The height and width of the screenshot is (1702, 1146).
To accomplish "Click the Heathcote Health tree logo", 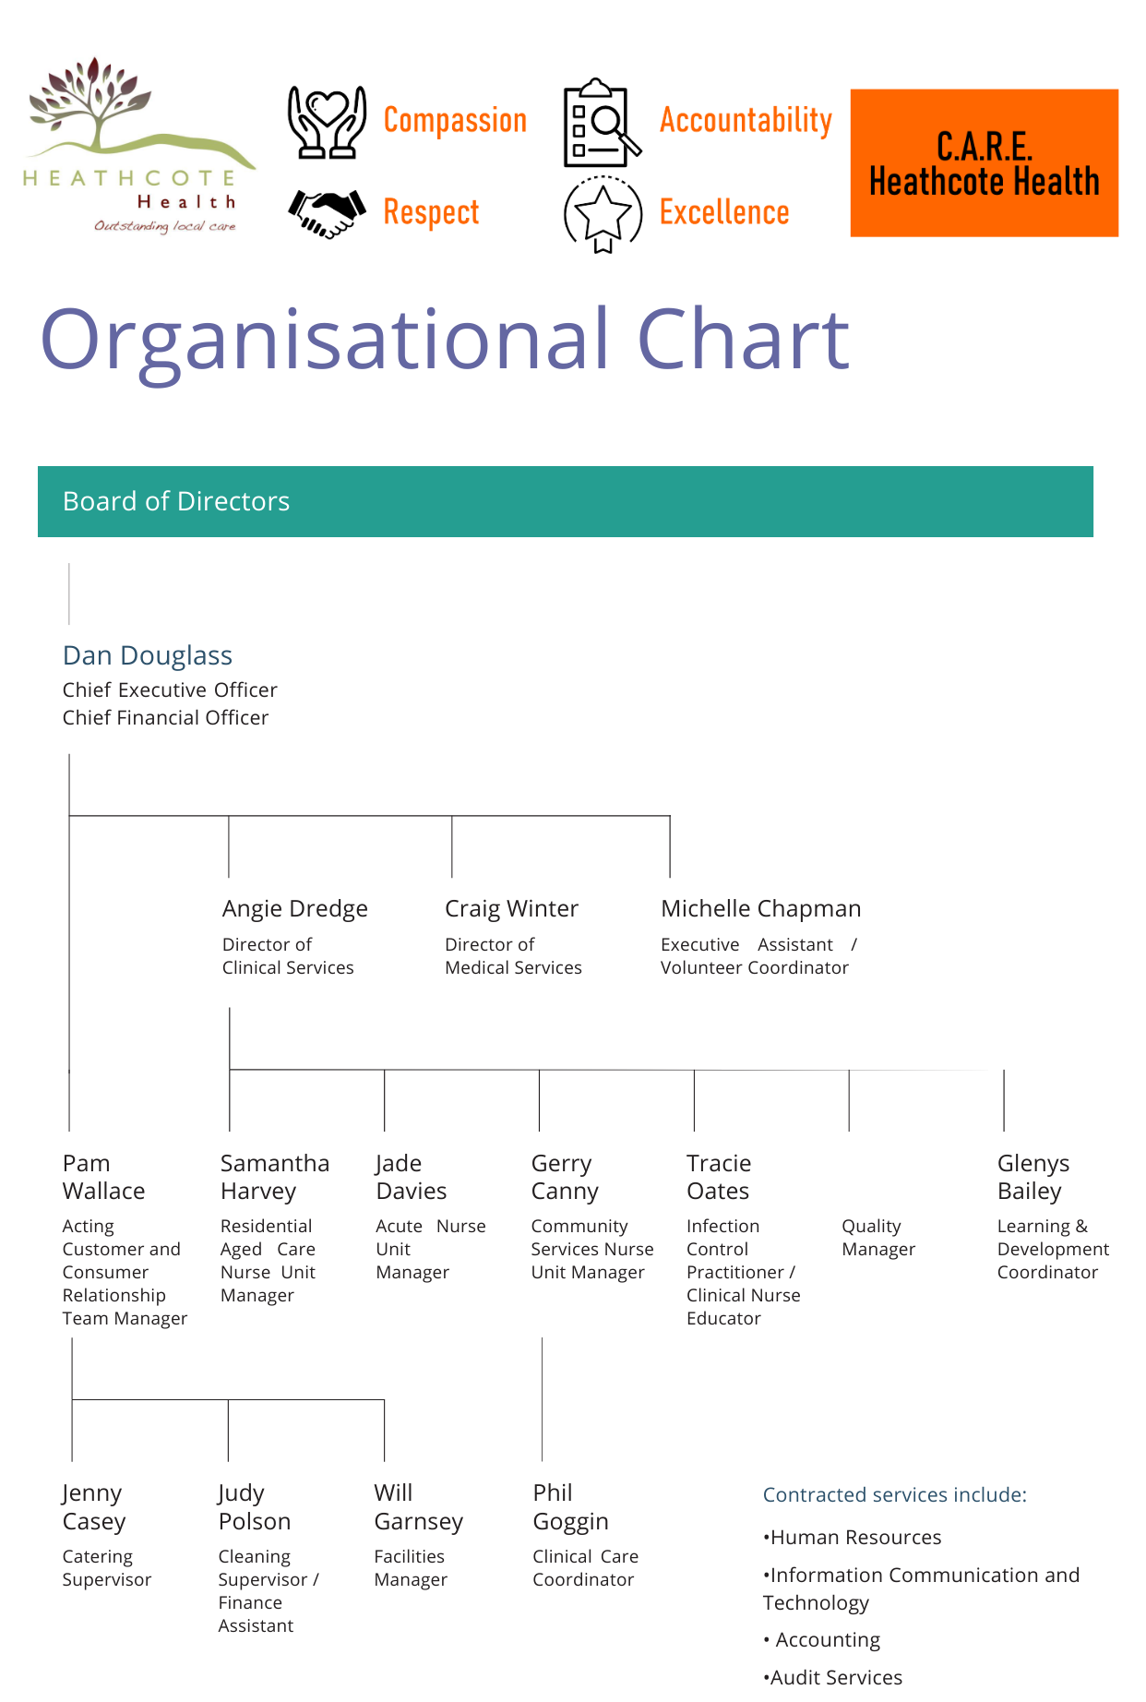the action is (138, 145).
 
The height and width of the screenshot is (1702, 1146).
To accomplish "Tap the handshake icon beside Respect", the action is (327, 213).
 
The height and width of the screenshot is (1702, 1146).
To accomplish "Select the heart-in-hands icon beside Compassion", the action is (327, 122).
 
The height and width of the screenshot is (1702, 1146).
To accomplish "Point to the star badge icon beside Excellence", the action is (603, 214).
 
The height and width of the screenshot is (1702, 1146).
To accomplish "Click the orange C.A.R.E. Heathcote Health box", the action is (985, 163).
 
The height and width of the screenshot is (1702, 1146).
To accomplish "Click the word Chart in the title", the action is (743, 339).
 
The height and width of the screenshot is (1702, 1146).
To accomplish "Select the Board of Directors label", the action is (176, 501).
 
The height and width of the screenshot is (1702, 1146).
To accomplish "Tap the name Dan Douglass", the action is (148, 655).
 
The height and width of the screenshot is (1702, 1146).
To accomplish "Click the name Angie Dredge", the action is (295, 909).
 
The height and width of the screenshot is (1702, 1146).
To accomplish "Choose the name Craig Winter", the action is (512, 909).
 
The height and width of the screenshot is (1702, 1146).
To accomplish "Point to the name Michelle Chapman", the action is (761, 909).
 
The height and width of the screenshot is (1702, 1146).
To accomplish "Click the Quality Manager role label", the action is (878, 1238).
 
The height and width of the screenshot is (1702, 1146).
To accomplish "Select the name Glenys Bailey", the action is (1033, 1178).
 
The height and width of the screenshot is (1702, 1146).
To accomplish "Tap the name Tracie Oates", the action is (719, 1178).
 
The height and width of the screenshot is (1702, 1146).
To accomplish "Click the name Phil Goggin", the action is (570, 1507).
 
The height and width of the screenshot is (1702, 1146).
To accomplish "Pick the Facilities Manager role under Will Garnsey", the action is (411, 1568).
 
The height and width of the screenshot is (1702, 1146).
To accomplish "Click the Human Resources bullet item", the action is (853, 1538).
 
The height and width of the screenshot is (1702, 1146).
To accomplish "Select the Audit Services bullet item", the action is (833, 1678).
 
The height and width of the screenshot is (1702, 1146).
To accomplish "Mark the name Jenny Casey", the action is (93, 1507).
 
